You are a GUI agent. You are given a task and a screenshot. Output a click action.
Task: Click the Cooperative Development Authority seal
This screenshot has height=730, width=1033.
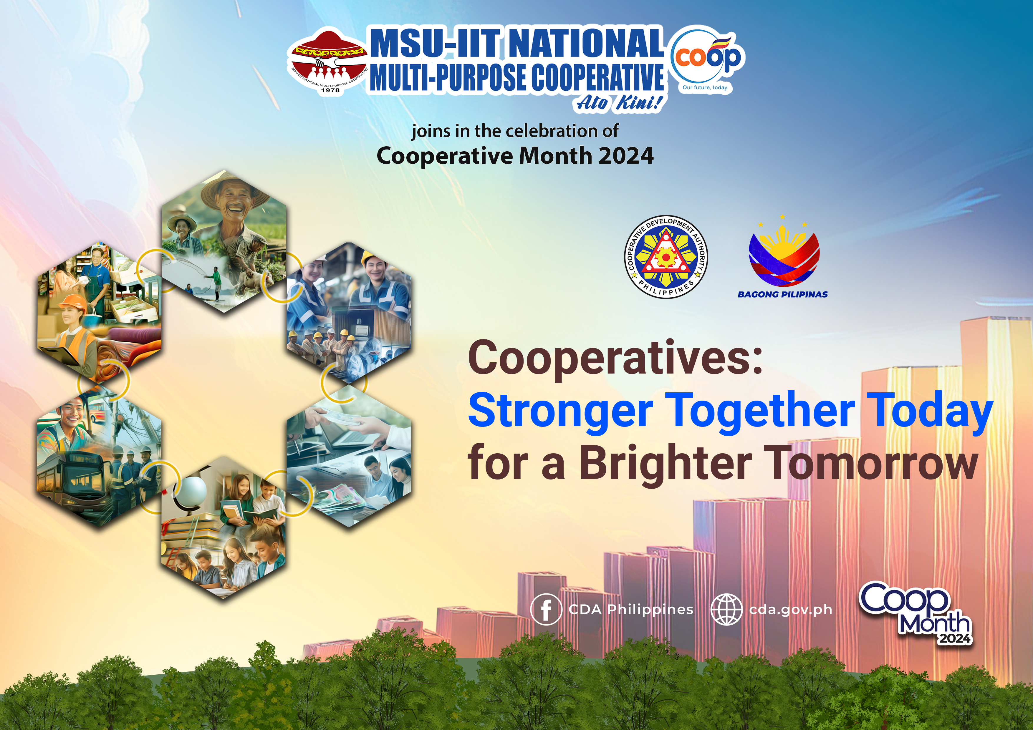tap(666, 256)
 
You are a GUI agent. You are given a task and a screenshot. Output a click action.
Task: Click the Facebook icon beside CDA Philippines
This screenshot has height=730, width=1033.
tap(546, 609)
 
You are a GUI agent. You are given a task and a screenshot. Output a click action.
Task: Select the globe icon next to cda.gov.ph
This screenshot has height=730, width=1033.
tap(726, 609)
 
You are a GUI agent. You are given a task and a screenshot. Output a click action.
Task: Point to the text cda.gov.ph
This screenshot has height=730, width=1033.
tap(790, 610)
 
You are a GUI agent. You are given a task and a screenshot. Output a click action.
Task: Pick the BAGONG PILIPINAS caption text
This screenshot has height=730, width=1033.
tap(783, 294)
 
